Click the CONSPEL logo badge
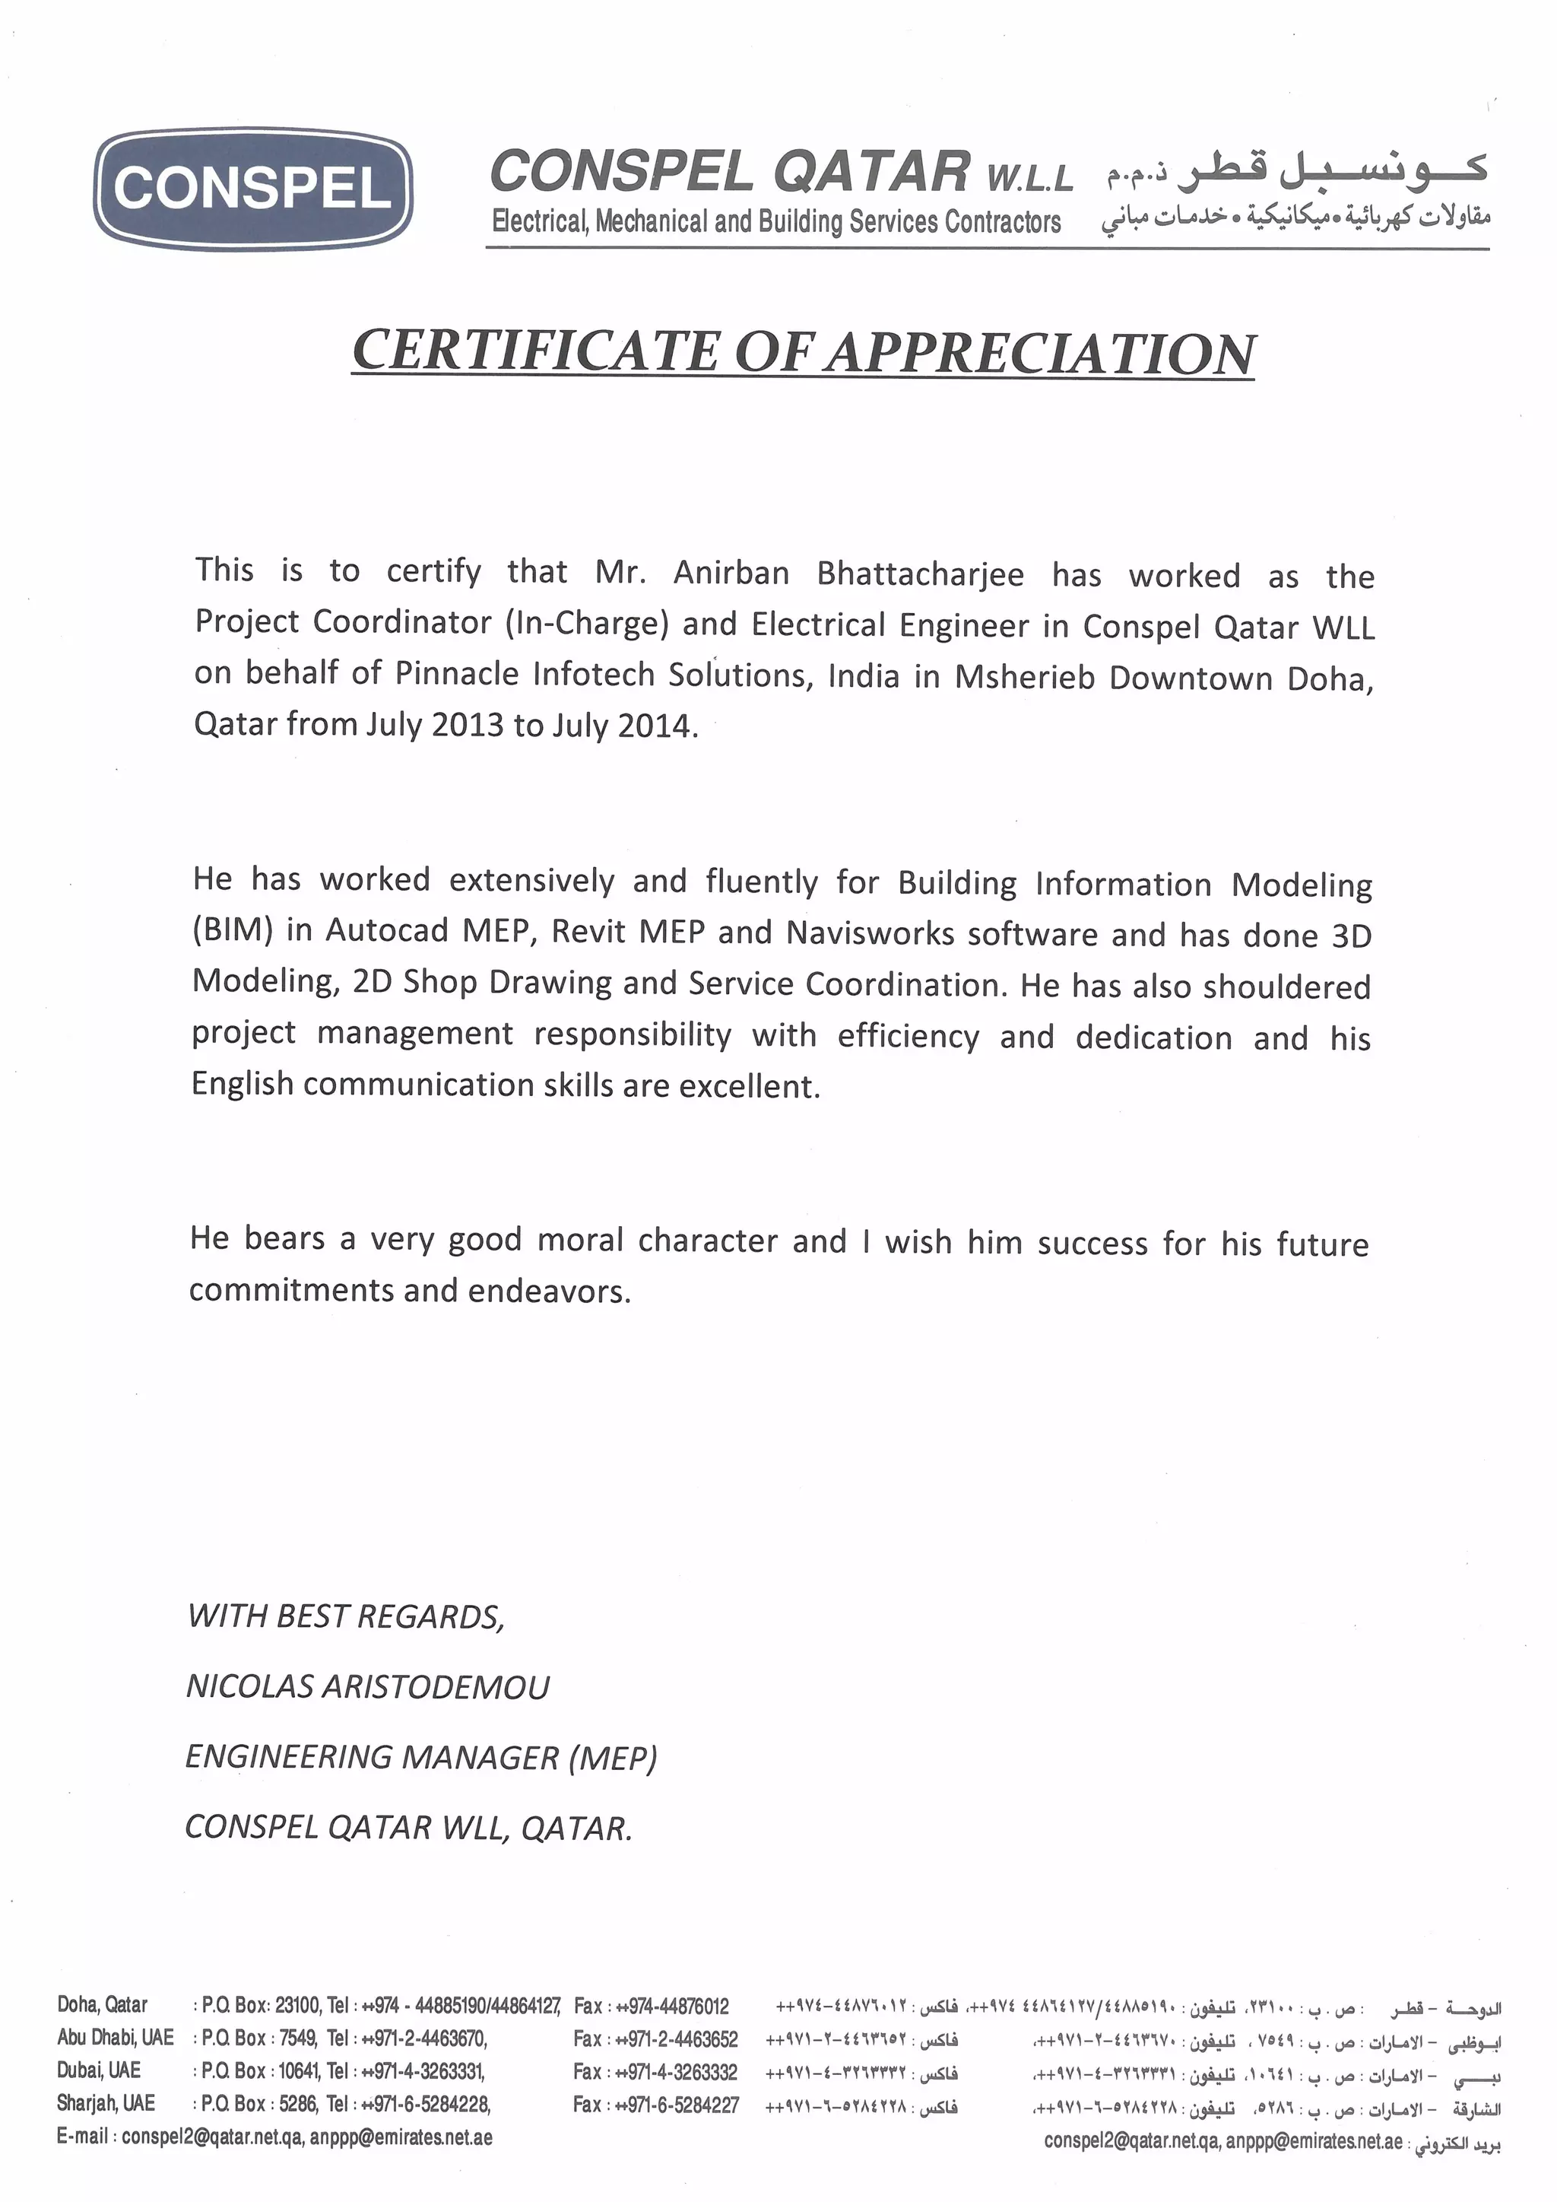pyautogui.click(x=253, y=188)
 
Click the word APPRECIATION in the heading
pyautogui.click(x=1042, y=353)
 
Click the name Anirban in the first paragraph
pyautogui.click(x=731, y=573)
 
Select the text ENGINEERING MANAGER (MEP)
pyautogui.click(x=421, y=1757)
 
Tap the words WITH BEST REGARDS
pyautogui.click(x=345, y=1617)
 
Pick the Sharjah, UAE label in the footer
pyautogui.click(x=106, y=2102)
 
